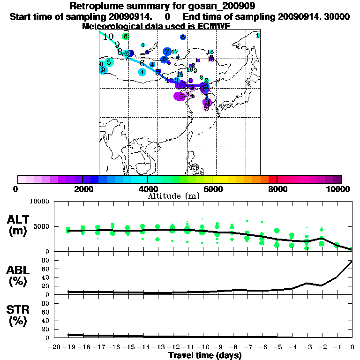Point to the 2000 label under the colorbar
(x=82, y=189)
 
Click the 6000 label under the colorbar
(x=212, y=189)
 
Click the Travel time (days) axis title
(x=205, y=356)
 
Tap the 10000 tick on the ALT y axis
(x=39, y=202)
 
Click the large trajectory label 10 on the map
(x=108, y=37)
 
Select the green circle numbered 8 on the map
(x=125, y=36)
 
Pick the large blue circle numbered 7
(x=167, y=52)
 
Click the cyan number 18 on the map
(x=210, y=52)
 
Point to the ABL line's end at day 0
(x=352, y=262)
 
